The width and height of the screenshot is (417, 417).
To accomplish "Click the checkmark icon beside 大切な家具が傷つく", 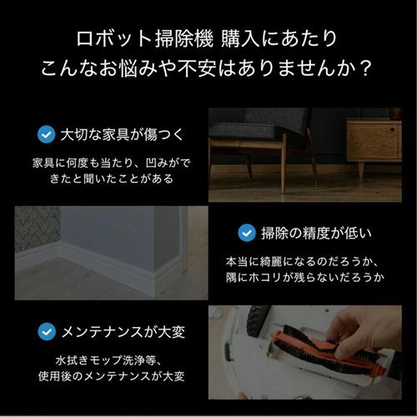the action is click(46, 134).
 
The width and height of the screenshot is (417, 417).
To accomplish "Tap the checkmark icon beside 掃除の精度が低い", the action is click(247, 233).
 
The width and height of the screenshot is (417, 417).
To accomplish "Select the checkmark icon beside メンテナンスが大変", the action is click(47, 331).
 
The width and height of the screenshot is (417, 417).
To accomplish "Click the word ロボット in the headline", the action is click(114, 39).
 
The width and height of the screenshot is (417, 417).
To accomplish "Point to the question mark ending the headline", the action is click(364, 68).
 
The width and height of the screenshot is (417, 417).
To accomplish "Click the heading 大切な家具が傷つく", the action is click(122, 135).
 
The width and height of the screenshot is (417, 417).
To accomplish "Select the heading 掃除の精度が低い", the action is click(316, 234).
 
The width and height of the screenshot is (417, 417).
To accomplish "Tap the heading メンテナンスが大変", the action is click(123, 332).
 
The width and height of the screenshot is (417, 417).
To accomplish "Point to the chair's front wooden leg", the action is click(283, 164).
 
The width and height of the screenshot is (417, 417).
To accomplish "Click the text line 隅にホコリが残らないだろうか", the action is click(305, 278).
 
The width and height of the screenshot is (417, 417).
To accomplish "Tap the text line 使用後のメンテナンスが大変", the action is click(111, 376).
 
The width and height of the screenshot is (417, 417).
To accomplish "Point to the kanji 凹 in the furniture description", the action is click(152, 163).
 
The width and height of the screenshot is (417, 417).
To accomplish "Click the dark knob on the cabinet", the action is click(392, 129).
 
